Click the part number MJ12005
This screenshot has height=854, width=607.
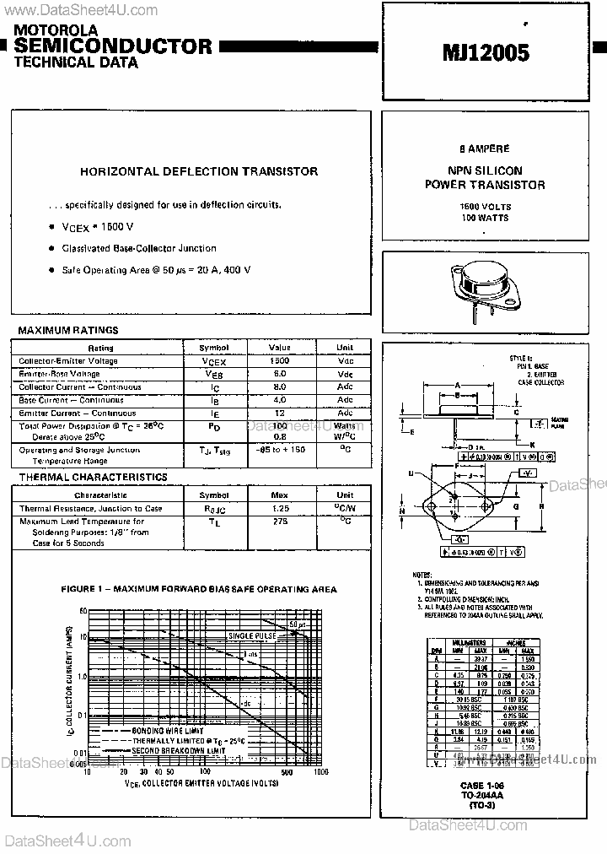(486, 54)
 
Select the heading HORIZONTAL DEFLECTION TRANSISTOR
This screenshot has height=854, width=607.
(199, 171)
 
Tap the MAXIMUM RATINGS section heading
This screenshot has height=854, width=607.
(68, 331)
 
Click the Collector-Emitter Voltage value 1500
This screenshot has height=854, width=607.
(280, 361)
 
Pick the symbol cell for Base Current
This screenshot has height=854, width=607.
(213, 401)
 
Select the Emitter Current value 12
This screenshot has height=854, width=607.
(280, 413)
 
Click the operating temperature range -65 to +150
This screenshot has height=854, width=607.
(280, 451)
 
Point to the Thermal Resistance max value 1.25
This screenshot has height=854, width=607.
(280, 509)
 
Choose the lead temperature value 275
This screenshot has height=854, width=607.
(280, 522)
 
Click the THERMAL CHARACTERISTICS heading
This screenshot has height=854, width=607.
(93, 478)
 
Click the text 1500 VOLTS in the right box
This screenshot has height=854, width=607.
(485, 207)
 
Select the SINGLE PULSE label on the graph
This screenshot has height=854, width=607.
(250, 635)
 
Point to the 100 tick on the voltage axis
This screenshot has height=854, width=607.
(205, 772)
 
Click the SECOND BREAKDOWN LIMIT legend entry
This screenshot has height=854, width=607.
(178, 751)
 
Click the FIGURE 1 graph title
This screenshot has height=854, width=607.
(200, 589)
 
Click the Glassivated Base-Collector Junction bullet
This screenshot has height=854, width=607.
(139, 248)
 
